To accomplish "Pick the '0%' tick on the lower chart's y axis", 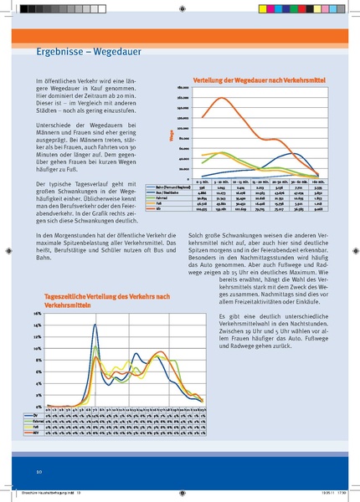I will coord(39,405).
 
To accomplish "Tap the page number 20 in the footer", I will coord(39,472).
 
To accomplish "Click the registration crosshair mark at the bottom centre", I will coord(180,494).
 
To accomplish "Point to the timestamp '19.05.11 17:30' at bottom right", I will coord(330,494).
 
